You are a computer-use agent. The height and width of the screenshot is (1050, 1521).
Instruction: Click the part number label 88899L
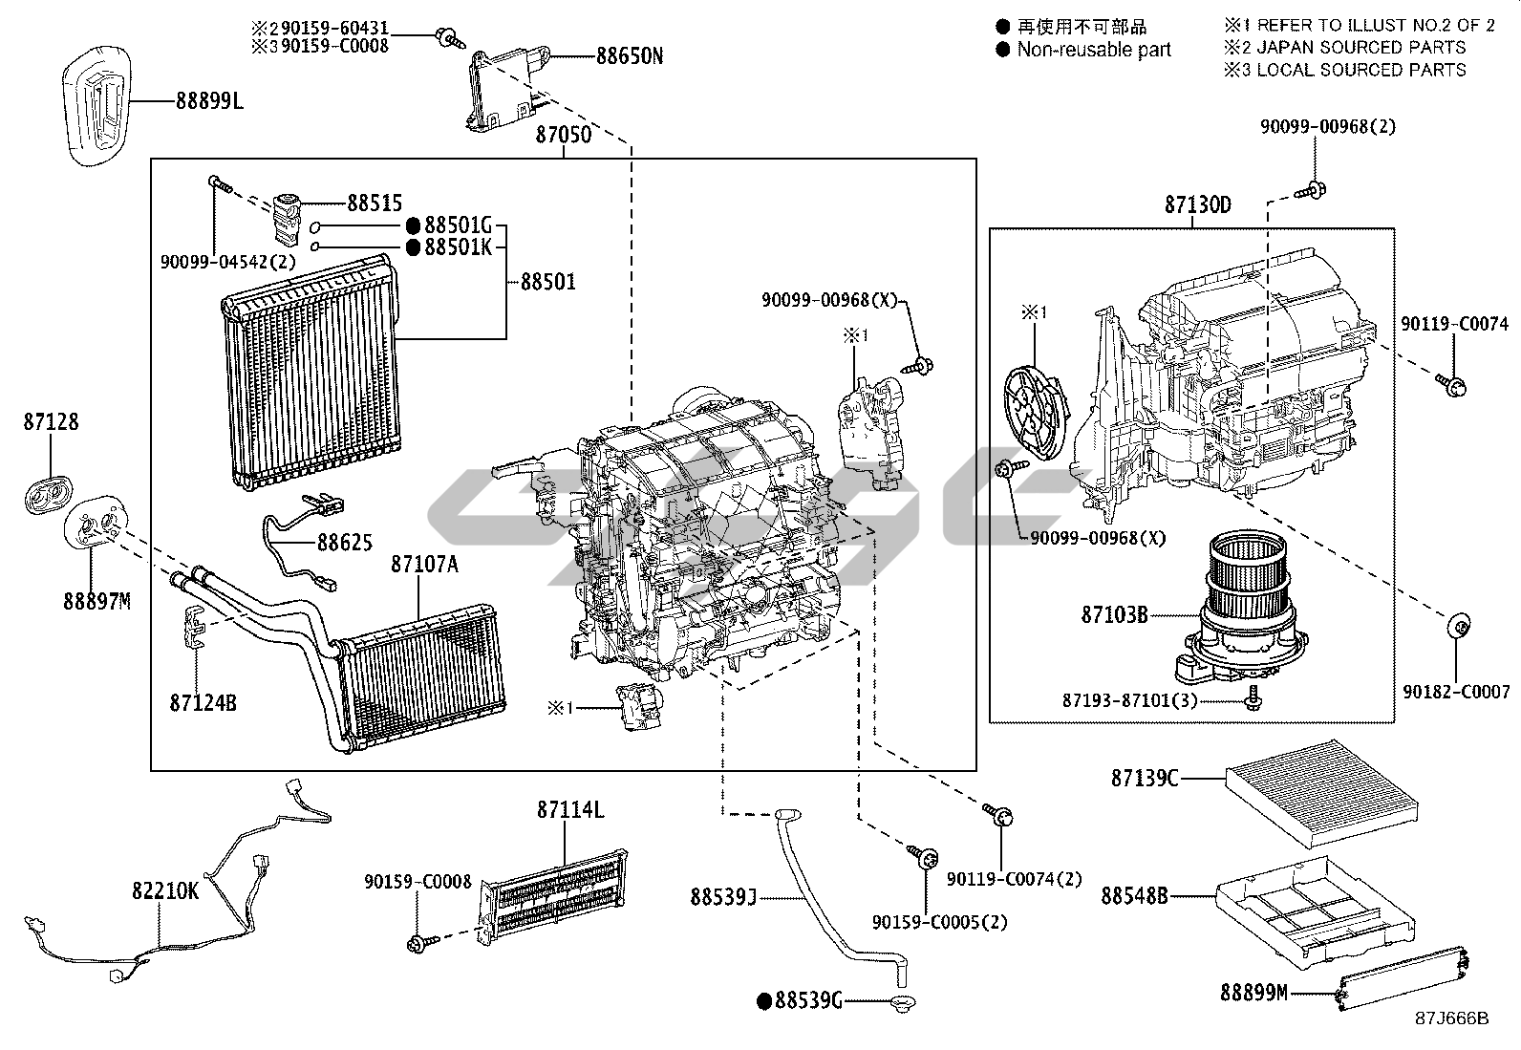[x=209, y=101]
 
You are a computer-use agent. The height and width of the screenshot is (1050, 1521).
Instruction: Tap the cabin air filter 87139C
[x=1321, y=793]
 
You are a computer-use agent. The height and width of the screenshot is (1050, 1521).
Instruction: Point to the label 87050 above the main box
[x=564, y=135]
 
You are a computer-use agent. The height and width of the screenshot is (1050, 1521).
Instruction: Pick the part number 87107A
[x=424, y=564]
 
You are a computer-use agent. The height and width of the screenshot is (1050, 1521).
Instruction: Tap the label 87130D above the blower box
[x=1198, y=204]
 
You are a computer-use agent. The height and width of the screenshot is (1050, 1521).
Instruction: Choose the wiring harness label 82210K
[x=165, y=890]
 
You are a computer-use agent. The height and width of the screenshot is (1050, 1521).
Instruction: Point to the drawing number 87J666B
[x=1452, y=1018]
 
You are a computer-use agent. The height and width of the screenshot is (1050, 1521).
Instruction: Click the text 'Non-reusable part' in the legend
[x=1094, y=50]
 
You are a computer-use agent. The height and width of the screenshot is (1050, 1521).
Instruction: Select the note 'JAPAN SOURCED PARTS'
[x=1361, y=47]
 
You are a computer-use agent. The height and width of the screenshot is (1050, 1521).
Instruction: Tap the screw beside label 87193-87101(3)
[x=1253, y=698]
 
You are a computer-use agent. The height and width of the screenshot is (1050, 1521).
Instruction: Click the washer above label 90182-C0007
[x=1457, y=626]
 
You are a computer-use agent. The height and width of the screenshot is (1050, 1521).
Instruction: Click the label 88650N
[x=630, y=55]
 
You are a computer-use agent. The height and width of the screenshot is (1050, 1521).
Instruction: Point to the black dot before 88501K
[x=413, y=247]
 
